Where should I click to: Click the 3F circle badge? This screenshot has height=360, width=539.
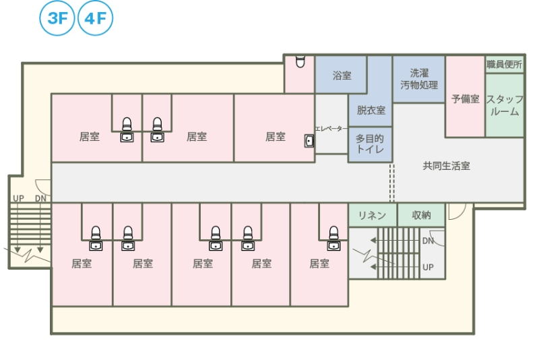coord(58,18)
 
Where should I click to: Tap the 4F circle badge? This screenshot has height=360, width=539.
coord(95,18)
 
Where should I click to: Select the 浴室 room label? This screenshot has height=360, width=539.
coord(342,76)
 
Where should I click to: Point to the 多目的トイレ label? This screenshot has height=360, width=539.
coord(370,144)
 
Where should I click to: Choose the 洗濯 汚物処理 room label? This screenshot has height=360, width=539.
coord(419,79)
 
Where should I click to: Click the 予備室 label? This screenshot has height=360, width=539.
coord(466,98)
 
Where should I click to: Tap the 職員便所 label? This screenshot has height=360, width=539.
coord(504,65)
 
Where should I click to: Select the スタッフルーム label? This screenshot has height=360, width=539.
coord(504,105)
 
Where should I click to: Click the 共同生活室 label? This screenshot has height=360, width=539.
coord(446,166)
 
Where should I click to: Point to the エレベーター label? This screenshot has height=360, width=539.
coord(331,128)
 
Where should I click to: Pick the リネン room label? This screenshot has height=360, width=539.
coord(372,215)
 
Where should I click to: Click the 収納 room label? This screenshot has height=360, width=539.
coord(421,215)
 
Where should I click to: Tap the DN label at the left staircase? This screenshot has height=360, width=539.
coord(40,198)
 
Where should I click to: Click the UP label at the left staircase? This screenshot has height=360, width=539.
coord(18,198)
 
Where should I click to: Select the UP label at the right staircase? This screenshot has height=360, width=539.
coord(428,267)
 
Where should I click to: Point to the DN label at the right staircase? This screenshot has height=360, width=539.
coord(428,241)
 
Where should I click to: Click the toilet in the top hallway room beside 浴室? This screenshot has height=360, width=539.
coord(300,61)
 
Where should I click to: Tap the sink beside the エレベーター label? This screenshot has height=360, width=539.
coord(309,141)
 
